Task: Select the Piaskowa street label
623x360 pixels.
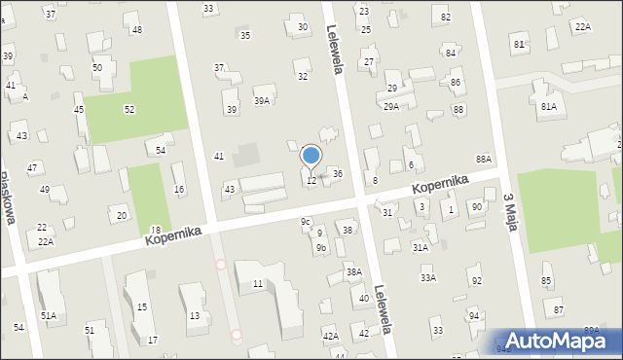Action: pyautogui.click(x=9, y=198)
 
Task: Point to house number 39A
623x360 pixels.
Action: pyautogui.click(x=262, y=100)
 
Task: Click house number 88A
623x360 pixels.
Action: pyautogui.click(x=483, y=158)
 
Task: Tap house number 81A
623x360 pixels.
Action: pyautogui.click(x=549, y=106)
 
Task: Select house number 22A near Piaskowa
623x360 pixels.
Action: pyautogui.click(x=46, y=240)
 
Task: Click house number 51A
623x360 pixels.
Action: pyautogui.click(x=49, y=315)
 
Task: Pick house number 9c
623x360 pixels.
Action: pyautogui.click(x=306, y=221)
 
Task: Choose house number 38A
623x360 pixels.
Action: pyautogui.click(x=353, y=272)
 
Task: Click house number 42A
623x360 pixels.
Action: pyautogui.click(x=330, y=336)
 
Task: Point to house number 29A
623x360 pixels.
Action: pyautogui.click(x=390, y=106)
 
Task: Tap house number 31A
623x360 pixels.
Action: pyautogui.click(x=420, y=247)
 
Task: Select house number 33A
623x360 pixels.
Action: pyautogui.click(x=427, y=278)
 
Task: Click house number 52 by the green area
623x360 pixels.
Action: pyautogui.click(x=128, y=109)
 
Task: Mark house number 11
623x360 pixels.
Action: pyautogui.click(x=257, y=283)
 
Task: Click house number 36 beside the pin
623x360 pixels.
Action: pyautogui.click(x=337, y=173)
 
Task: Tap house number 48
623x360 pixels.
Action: pyautogui.click(x=136, y=30)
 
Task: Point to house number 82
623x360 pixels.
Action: pyautogui.click(x=446, y=18)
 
